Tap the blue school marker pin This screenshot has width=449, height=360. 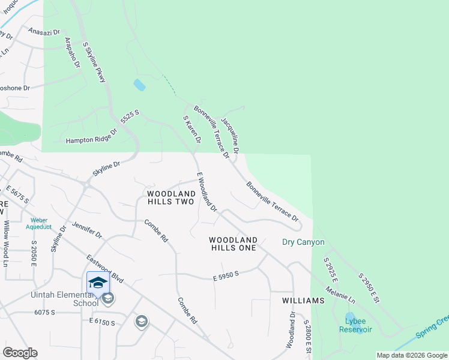point(97,283)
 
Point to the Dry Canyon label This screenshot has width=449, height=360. point(303,242)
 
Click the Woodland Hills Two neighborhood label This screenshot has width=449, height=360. point(171,197)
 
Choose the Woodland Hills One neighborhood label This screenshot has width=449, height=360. point(232,243)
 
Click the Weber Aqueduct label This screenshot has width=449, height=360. point(39,223)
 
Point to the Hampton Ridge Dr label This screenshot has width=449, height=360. point(91,139)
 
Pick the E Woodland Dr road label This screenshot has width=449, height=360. point(207,192)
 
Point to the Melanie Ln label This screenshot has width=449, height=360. point(340,293)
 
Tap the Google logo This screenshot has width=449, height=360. point(20,352)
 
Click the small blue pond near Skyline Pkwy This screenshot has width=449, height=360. point(139,85)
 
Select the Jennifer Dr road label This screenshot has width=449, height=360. point(87,229)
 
